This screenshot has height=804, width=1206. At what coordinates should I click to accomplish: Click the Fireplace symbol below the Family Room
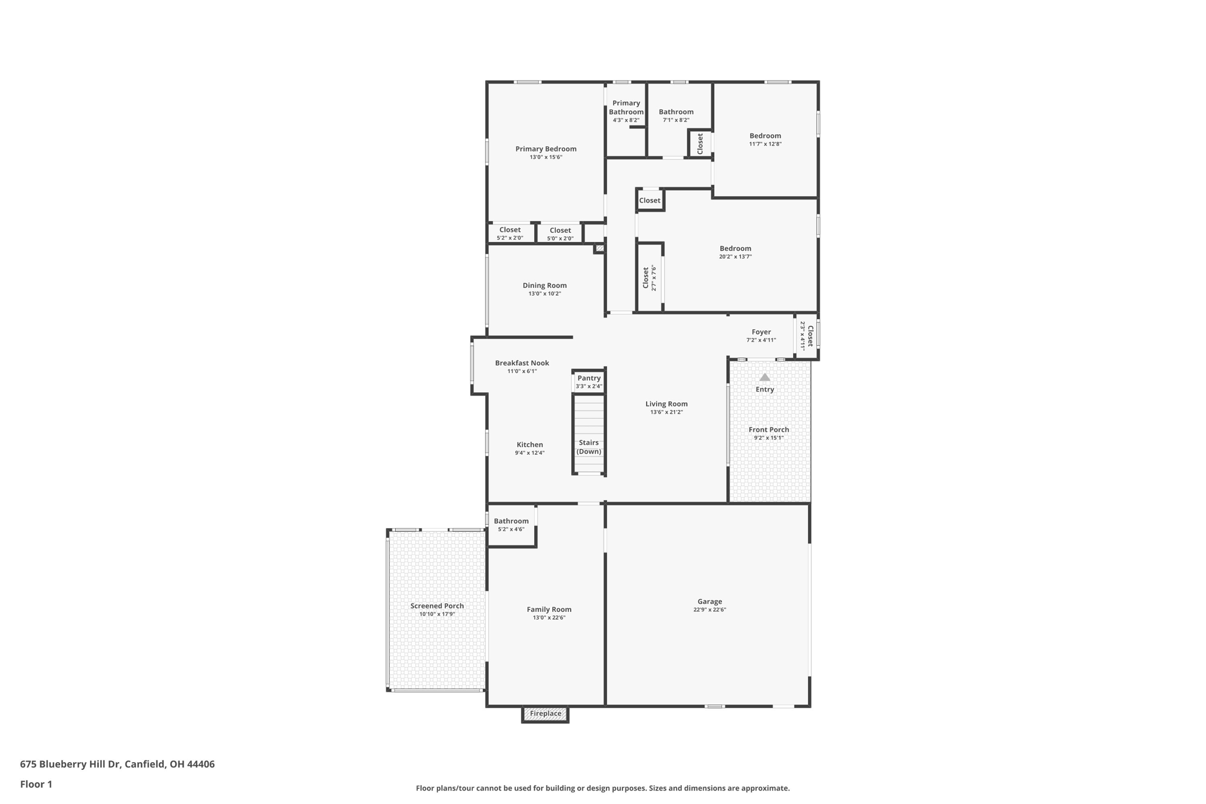pyautogui.click(x=545, y=714)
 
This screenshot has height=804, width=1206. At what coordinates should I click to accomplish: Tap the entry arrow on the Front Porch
pyautogui.click(x=764, y=377)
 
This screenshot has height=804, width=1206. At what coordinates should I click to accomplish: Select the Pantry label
pyautogui.click(x=589, y=378)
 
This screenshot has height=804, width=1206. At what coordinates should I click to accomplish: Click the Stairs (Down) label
pyautogui.click(x=589, y=447)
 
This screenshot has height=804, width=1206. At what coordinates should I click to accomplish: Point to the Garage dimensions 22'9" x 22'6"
pyautogui.click(x=710, y=610)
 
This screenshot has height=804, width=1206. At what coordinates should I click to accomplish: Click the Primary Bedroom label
pyautogui.click(x=546, y=149)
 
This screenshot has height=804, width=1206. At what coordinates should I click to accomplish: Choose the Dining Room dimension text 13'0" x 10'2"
pyautogui.click(x=545, y=293)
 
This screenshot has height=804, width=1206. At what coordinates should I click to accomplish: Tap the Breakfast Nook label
pyautogui.click(x=522, y=363)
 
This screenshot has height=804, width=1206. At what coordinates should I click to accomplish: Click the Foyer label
pyautogui.click(x=761, y=332)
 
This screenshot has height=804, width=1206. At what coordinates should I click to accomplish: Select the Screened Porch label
pyautogui.click(x=437, y=606)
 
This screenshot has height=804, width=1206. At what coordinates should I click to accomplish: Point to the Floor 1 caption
pyautogui.click(x=36, y=784)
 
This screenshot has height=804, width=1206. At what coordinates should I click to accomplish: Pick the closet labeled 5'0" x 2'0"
pyautogui.click(x=560, y=234)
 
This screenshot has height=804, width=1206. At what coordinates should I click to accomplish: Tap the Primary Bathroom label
pyautogui.click(x=626, y=107)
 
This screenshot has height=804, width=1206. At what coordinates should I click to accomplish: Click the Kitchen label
pyautogui.click(x=530, y=445)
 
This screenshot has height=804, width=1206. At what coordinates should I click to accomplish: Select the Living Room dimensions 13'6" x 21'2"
pyautogui.click(x=667, y=412)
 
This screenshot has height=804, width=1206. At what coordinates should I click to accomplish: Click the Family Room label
pyautogui.click(x=549, y=610)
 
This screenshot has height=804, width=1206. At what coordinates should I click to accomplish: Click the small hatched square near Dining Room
pyautogui.click(x=599, y=249)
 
